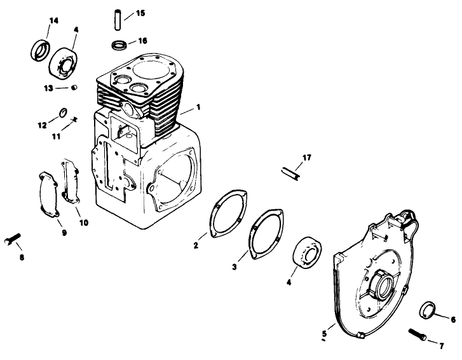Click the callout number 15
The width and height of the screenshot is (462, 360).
140,13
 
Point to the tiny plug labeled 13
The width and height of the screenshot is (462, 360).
74,87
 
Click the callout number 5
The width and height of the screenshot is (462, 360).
324,332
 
